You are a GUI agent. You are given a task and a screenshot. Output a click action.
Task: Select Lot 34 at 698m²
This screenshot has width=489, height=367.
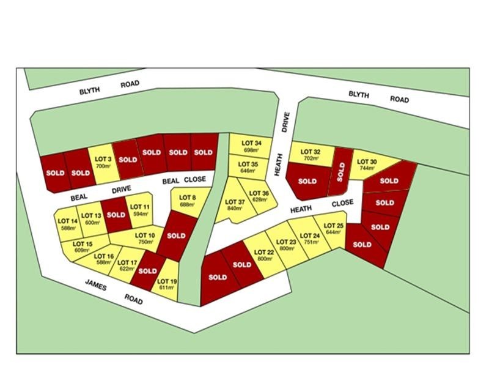pos(249,146)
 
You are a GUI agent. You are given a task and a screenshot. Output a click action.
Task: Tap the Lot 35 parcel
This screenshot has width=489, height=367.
pos(248,167)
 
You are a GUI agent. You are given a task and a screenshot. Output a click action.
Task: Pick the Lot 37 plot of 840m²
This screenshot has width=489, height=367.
pos(235,205)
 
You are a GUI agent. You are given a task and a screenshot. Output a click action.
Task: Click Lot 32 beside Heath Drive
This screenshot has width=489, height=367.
pos(311,154)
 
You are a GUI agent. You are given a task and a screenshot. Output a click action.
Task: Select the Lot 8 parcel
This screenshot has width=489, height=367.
pos(188,200)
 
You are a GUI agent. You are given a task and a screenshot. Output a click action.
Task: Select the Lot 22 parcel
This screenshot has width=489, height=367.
pos(263,255)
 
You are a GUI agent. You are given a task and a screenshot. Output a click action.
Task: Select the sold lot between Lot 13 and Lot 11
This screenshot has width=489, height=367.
pos(116,217)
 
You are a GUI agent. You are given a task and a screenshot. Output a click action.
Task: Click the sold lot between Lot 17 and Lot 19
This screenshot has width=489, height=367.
pos(148,271)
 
